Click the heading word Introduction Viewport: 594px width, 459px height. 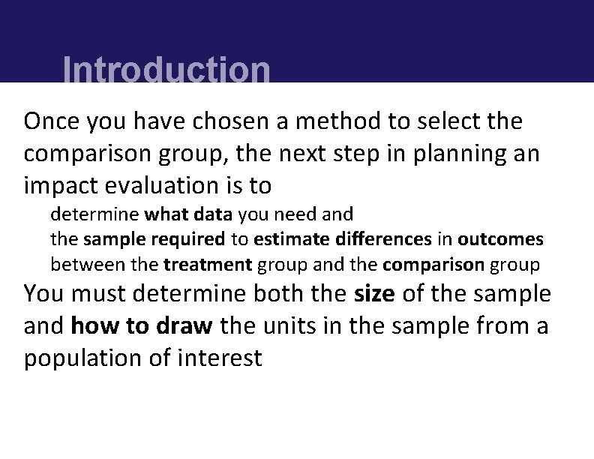(x=166, y=70)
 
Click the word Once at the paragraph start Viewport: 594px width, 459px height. (x=52, y=120)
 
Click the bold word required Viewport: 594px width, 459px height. (x=192, y=239)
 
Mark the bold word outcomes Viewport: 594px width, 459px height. (x=500, y=239)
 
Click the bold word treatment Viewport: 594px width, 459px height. (x=208, y=265)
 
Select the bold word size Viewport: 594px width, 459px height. (x=374, y=293)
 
